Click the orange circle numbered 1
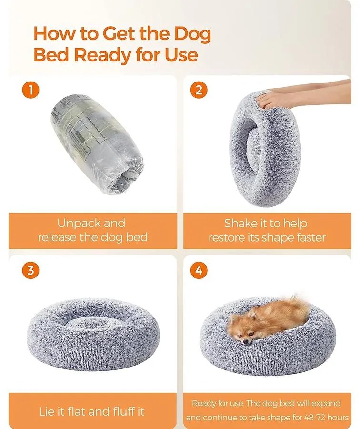point(30,90)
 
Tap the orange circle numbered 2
point(199,90)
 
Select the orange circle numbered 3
point(30,270)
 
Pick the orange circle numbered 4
point(199,270)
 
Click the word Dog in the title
point(192,34)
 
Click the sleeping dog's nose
point(246,341)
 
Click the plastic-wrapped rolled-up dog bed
point(97,144)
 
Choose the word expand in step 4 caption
point(326,404)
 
